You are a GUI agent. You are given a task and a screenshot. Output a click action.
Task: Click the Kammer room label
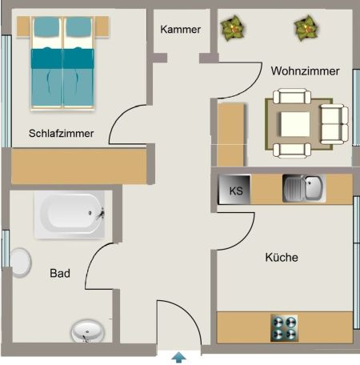pyautogui.click(x=180, y=30)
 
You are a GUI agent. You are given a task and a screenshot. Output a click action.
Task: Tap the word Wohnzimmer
pyautogui.click(x=305, y=71)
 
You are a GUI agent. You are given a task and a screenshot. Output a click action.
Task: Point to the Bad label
pyautogui.click(x=60, y=274)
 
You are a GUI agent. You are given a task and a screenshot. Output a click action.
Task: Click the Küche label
pyautogui.click(x=282, y=258)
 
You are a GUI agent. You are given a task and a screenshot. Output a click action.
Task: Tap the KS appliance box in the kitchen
pyautogui.click(x=236, y=191)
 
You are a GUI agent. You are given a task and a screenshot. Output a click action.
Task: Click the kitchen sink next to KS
pyautogui.click(x=303, y=189)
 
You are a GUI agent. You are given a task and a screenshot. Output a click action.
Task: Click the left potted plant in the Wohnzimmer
pyautogui.click(x=233, y=28)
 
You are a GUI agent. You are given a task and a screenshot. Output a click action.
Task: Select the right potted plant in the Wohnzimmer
pyautogui.click(x=305, y=28)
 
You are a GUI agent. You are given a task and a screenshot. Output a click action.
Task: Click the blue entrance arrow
pyautogui.click(x=180, y=357)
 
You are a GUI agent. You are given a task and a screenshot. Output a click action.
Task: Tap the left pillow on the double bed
pyautogui.click(x=46, y=30)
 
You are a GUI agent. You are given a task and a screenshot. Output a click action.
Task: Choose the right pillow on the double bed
pyautogui.click(x=79, y=30)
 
